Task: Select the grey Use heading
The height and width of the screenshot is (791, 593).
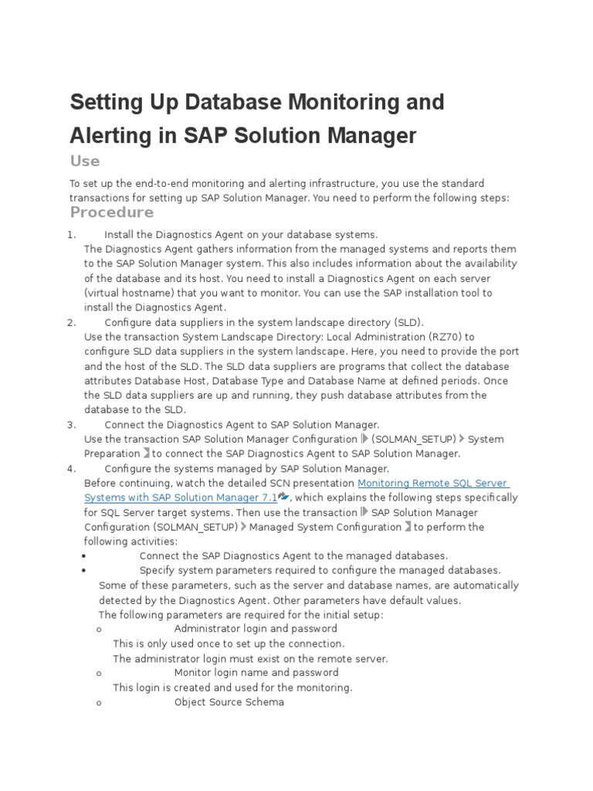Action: (x=85, y=161)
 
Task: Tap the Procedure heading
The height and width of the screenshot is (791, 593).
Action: (x=112, y=212)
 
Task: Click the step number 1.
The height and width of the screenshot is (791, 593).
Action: (x=71, y=234)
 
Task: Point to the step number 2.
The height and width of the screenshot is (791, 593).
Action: (x=71, y=322)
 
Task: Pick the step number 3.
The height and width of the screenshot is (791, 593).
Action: (x=71, y=425)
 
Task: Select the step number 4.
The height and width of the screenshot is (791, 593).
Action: (x=71, y=469)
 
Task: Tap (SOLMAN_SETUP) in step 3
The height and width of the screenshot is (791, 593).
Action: (x=414, y=440)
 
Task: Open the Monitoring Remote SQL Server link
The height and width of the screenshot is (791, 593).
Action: (x=433, y=484)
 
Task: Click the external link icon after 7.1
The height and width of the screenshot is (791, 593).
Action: (x=283, y=497)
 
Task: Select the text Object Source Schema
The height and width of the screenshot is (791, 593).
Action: (x=229, y=702)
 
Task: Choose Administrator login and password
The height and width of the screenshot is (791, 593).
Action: (x=256, y=629)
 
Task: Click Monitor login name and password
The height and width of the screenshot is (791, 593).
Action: (x=256, y=673)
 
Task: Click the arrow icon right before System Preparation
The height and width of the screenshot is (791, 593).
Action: (x=463, y=440)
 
